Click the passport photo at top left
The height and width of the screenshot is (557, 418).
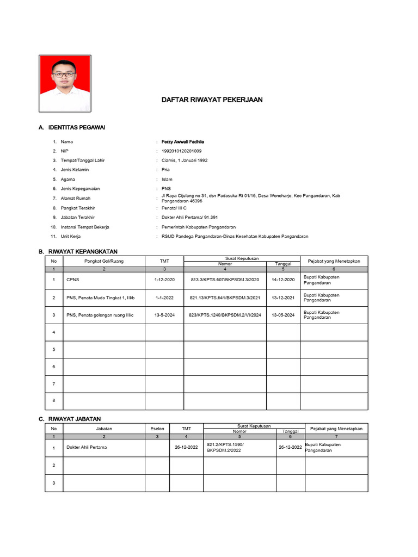65,83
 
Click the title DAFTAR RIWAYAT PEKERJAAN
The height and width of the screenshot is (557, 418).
212,100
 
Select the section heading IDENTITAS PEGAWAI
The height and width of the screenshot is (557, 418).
76,127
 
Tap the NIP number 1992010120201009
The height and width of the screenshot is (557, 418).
178,151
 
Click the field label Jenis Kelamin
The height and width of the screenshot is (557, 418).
75,170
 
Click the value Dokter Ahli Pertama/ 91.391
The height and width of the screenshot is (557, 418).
186,217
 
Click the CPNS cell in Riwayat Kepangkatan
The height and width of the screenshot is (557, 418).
72,280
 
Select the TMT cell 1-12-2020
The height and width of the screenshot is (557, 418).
164,280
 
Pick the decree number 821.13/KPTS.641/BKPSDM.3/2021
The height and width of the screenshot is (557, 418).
225,298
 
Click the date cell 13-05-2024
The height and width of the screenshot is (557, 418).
282,315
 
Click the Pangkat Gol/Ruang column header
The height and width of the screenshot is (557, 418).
104,261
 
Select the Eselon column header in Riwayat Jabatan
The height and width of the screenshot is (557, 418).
157,429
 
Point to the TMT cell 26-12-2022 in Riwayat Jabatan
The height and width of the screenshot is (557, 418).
186,447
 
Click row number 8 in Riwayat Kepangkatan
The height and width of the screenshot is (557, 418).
54,401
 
